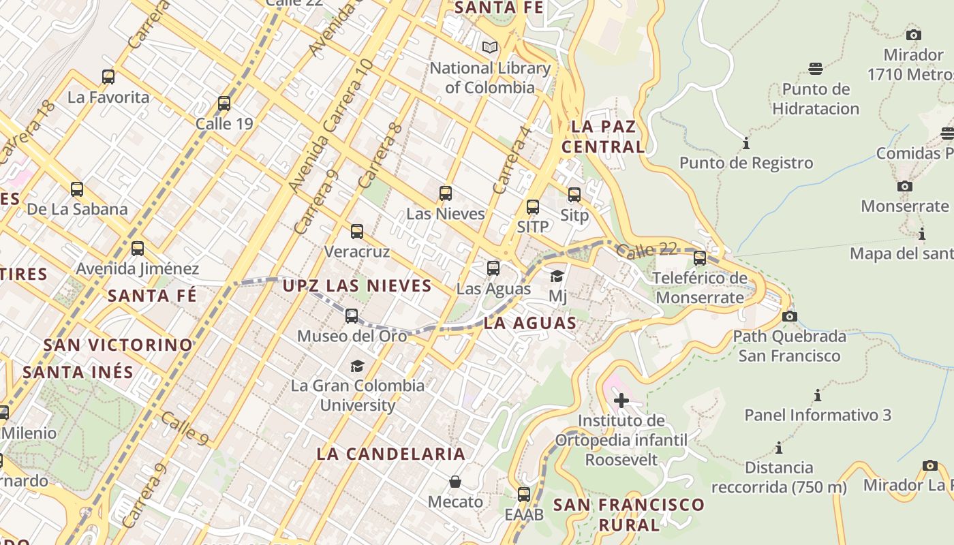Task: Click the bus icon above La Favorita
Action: point(108,77)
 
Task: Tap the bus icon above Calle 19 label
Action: point(224,104)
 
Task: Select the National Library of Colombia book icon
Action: point(489,48)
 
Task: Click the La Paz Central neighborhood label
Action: point(603,136)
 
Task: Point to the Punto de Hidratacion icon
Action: point(816,68)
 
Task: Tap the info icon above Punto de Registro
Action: point(746,144)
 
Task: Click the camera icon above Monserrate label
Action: point(905,186)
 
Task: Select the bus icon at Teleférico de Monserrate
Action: point(700,258)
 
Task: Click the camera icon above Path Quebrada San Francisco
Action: point(790,316)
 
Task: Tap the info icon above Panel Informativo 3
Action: point(817,395)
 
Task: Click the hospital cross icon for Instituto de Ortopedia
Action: point(621,400)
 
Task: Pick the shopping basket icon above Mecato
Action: point(455,482)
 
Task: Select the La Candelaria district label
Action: point(391,454)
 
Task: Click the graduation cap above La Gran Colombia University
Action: point(357,366)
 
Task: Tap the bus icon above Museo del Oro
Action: point(352,316)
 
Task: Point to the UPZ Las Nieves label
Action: point(357,286)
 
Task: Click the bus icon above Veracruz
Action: point(357,232)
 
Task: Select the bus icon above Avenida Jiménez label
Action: point(138,249)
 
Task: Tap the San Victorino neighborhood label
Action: point(118,345)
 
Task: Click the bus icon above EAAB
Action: point(524,495)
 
